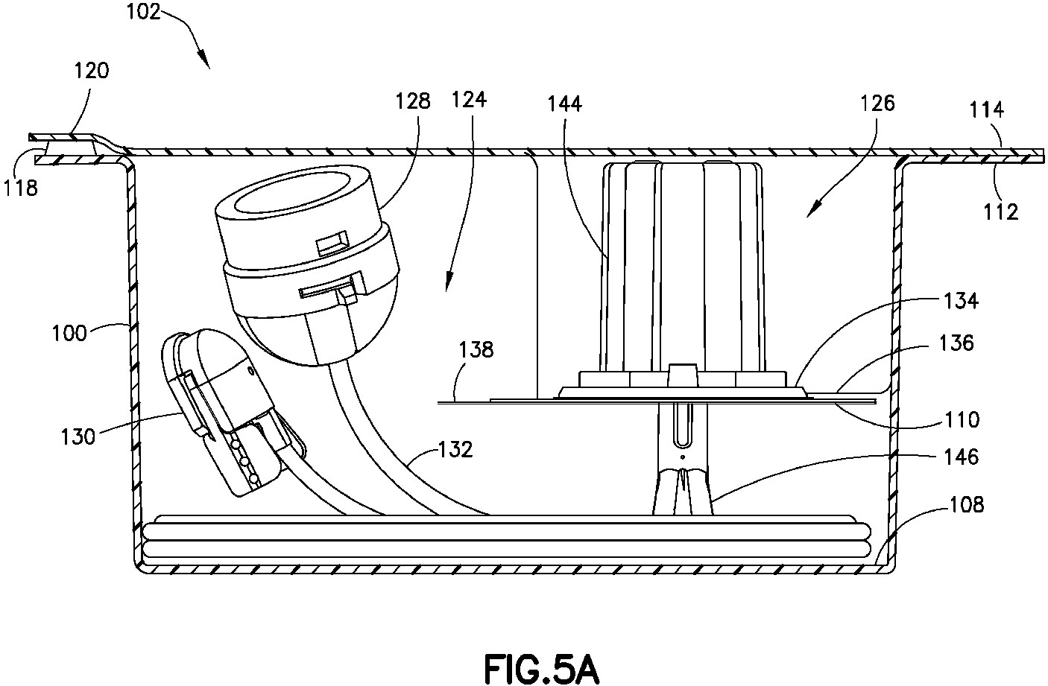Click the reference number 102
pyautogui.click(x=144, y=12)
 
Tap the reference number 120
pyautogui.click(x=92, y=71)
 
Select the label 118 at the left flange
pyautogui.click(x=20, y=188)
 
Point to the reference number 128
pyautogui.click(x=413, y=101)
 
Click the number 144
pyautogui.click(x=565, y=104)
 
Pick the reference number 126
pyautogui.click(x=877, y=104)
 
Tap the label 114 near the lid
pyautogui.click(x=987, y=110)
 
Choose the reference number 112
pyautogui.click(x=1001, y=212)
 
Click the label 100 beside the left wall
pyautogui.click(x=69, y=334)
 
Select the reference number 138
pyautogui.click(x=476, y=350)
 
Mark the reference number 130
pyautogui.click(x=78, y=436)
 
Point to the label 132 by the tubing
pyautogui.click(x=455, y=449)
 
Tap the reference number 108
pyautogui.click(x=967, y=505)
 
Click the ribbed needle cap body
pyautogui.click(x=684, y=267)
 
